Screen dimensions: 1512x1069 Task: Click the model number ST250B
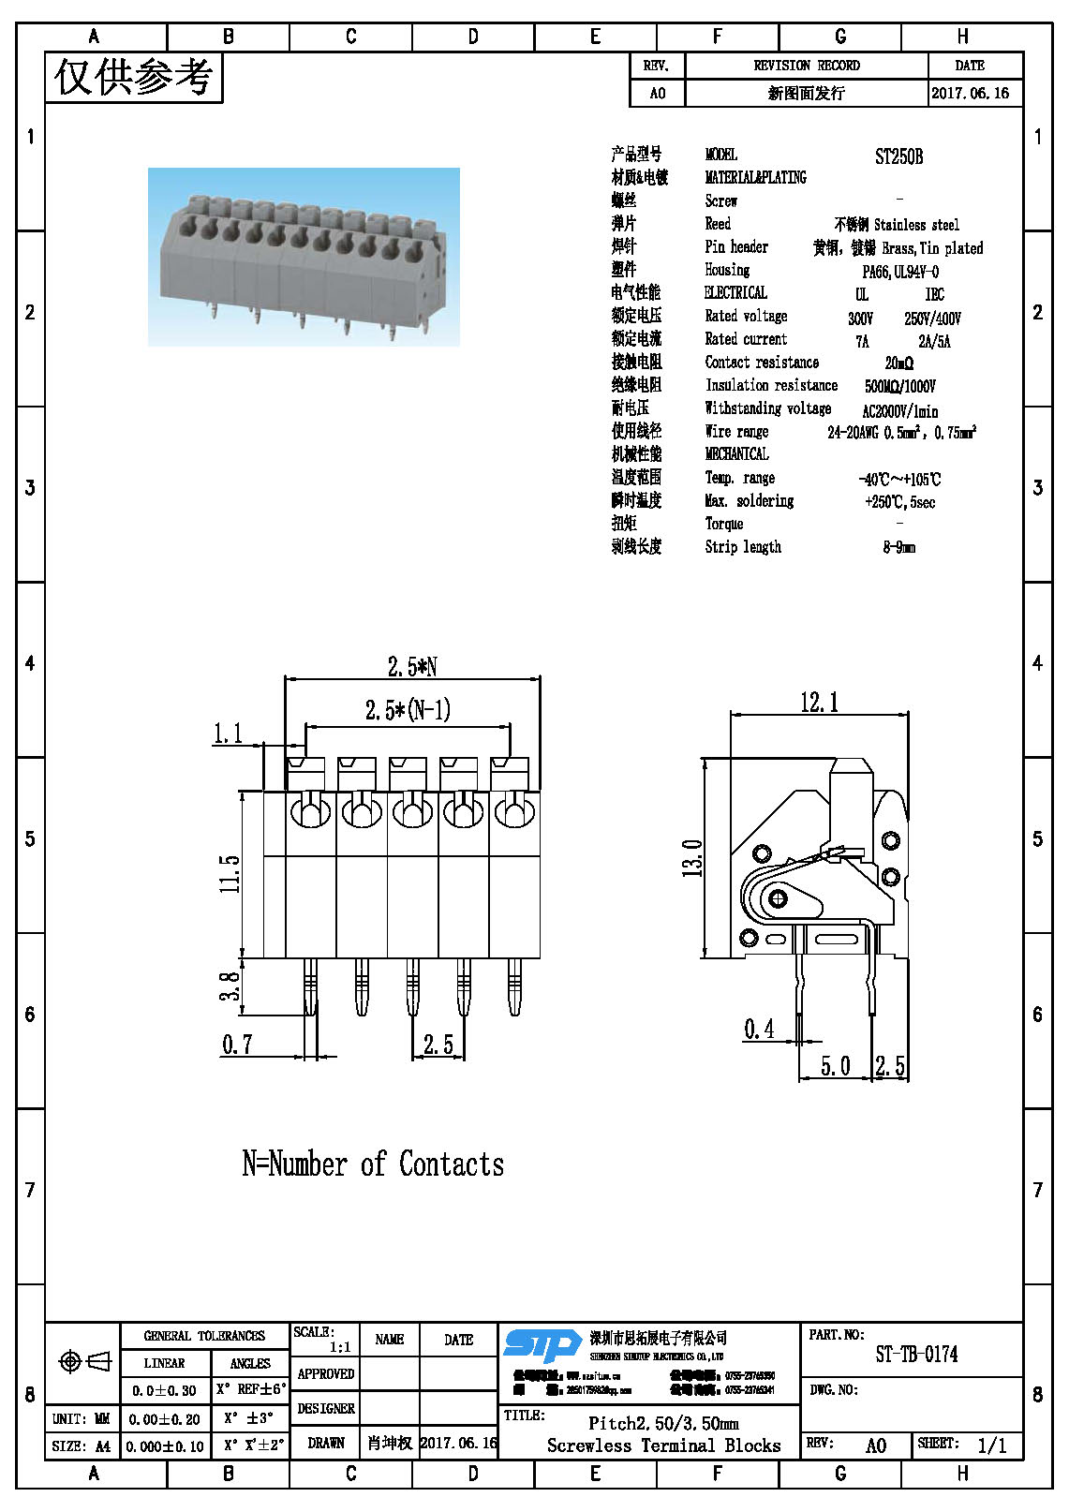(x=898, y=156)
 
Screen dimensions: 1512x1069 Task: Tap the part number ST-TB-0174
(x=915, y=1354)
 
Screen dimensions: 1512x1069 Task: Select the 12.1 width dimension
(x=819, y=703)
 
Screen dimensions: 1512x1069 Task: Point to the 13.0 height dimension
(x=692, y=858)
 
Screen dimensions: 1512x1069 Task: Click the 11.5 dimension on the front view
(x=230, y=873)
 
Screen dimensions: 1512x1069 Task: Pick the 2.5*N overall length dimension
(x=412, y=666)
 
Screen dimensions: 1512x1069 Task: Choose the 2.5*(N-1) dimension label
(x=408, y=710)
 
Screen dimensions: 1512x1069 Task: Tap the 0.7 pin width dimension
(x=237, y=1044)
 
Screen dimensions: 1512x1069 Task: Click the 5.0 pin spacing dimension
(x=835, y=1066)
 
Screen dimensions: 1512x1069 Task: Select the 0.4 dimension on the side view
(x=759, y=1030)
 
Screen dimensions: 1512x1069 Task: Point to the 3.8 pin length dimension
(x=230, y=986)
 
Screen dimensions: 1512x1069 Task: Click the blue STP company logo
(x=542, y=1347)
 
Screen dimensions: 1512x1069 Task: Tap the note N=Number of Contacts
(x=373, y=1164)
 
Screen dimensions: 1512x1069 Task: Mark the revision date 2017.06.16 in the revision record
(x=970, y=93)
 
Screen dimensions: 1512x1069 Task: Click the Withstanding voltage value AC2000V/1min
(x=899, y=410)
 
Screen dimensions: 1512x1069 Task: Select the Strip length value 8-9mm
(x=898, y=547)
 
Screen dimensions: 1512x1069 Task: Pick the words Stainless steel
(x=916, y=225)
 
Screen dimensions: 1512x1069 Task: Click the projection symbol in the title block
(x=84, y=1360)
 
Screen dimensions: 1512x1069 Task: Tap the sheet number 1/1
(x=991, y=1445)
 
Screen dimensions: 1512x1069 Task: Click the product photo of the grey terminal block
(x=304, y=257)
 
